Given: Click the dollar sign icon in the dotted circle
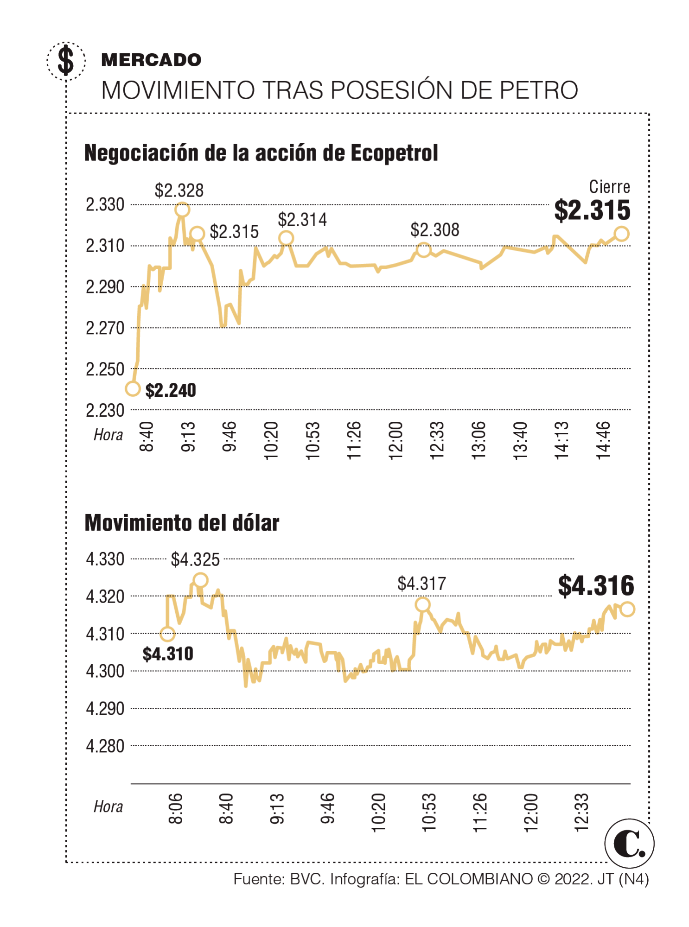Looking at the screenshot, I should coord(66,60).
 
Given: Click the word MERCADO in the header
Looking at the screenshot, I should coord(151,60).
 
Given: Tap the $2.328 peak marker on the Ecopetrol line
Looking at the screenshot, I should coord(182,210).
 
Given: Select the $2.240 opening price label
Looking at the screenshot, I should coord(171,390).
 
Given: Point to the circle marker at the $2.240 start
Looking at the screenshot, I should coord(133,389).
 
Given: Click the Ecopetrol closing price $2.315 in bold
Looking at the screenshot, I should coord(592,210).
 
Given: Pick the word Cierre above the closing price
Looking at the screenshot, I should coord(609,187).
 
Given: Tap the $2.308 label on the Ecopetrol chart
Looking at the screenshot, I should coord(434,230).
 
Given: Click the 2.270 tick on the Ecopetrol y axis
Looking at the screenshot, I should coord(105,328).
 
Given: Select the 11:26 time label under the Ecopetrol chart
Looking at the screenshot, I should coord(354,440).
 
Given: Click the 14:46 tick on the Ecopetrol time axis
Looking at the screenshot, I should coord(603,440).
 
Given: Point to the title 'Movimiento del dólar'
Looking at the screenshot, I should coord(182,523).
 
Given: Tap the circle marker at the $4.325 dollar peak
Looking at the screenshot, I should coord(200,580).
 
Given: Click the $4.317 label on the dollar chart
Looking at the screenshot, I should coord(421,584).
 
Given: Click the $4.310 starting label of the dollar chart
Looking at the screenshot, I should coord(168,654).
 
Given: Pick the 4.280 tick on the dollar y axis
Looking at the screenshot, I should coord(105,746).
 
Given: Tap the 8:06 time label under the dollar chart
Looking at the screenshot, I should coord(176,809).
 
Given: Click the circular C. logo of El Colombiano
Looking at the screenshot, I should coord(629,844).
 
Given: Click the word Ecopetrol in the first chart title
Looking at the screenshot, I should coord(394,153).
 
